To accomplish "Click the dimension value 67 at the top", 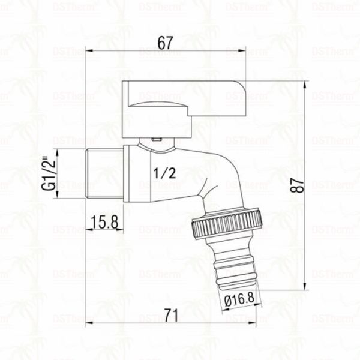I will (x=166, y=43).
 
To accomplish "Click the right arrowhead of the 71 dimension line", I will (x=260, y=323).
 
